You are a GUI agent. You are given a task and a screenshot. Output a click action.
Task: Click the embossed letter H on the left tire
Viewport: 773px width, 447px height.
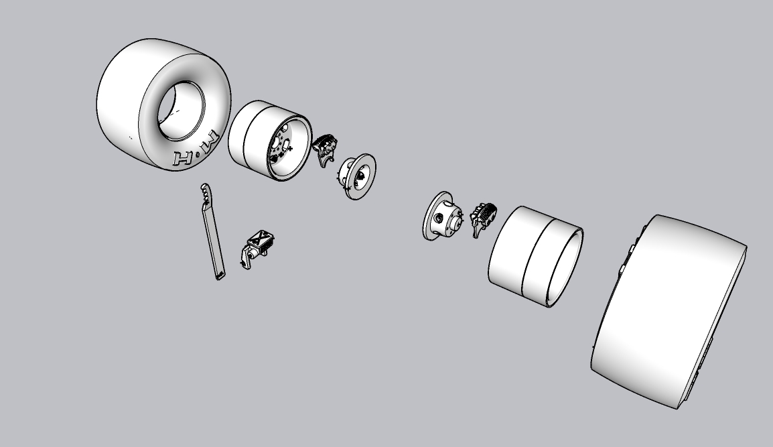(182, 159)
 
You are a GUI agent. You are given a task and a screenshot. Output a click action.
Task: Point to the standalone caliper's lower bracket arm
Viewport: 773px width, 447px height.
(247, 261)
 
